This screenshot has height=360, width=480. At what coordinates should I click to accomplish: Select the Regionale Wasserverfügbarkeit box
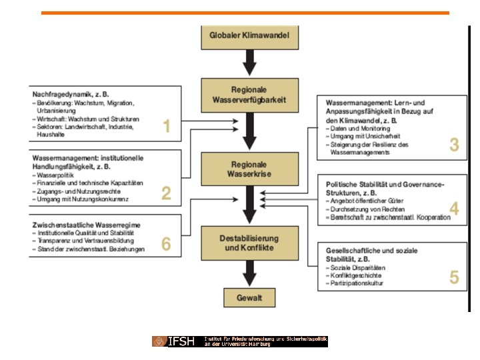(249, 95)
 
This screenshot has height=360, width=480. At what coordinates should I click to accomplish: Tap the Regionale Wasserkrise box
(249, 169)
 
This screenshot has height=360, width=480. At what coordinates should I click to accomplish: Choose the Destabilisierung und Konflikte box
(249, 243)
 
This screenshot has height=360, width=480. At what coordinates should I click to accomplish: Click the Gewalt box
(249, 298)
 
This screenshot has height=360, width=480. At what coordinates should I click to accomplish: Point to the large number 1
(167, 126)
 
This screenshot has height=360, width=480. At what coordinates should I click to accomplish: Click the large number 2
(167, 193)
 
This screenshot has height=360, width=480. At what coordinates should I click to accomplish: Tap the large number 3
(454, 145)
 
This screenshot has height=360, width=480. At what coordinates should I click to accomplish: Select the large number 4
(454, 209)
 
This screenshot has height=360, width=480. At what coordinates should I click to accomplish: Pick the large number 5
(454, 277)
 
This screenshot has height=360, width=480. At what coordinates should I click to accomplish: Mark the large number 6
(167, 245)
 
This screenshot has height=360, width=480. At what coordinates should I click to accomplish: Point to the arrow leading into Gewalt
(249, 273)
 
